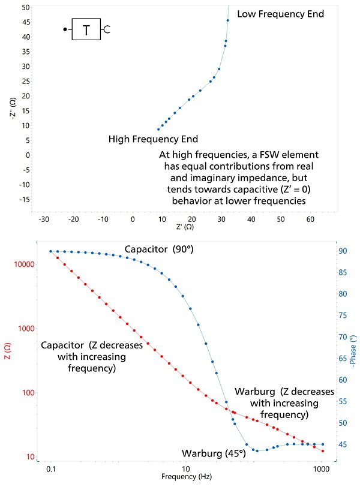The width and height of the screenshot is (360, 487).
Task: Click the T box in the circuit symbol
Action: point(86,29)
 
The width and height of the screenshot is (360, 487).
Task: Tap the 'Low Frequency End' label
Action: point(281,13)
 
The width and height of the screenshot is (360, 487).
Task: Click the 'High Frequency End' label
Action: point(153,139)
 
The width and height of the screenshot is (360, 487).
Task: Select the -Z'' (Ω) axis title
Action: point(13,110)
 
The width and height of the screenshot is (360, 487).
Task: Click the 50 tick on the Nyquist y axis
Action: point(26,7)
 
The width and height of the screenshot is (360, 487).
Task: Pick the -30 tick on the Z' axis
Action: point(43,219)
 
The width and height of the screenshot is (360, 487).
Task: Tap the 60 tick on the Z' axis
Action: point(310,219)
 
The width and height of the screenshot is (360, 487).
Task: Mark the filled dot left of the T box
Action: point(65,29)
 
